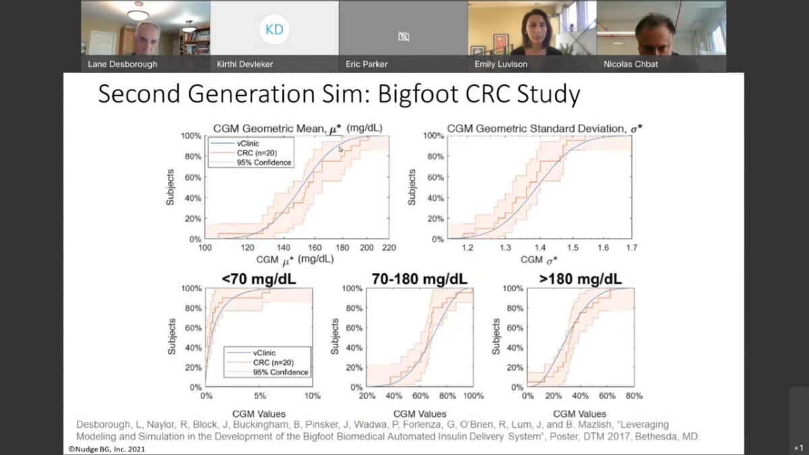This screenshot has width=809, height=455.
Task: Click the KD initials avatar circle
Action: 274,29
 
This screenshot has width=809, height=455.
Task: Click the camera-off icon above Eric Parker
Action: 403,36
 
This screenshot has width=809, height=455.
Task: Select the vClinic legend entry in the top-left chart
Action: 247,144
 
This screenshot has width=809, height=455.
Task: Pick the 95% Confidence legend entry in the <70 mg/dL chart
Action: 280,372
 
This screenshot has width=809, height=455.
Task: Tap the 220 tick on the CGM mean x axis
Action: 388,248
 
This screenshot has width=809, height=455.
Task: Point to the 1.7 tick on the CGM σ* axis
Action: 632,248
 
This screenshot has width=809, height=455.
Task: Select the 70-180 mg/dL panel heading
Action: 419,279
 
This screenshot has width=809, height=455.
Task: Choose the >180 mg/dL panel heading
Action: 580,279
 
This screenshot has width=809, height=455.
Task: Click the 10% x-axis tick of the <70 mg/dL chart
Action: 312,396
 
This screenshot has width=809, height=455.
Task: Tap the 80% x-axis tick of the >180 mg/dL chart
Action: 634,396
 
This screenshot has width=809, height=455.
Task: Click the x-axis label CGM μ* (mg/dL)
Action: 295,259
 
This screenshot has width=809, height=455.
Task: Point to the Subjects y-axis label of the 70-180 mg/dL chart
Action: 335,337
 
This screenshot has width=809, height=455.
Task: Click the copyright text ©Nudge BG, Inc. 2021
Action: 107,449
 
